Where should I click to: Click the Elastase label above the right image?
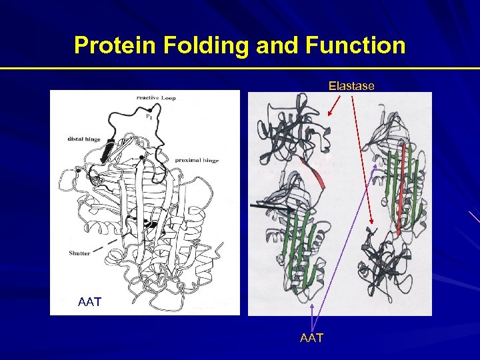pyautogui.click(x=351, y=86)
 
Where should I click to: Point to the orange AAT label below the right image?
pyautogui.click(x=311, y=338)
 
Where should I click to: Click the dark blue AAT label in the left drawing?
pyautogui.click(x=89, y=302)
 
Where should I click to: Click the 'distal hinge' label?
pyautogui.click(x=84, y=139)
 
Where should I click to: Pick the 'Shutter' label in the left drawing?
pyautogui.click(x=79, y=253)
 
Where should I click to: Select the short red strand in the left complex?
pyautogui.click(x=317, y=175)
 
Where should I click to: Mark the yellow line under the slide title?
pyautogui.click(x=240, y=69)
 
